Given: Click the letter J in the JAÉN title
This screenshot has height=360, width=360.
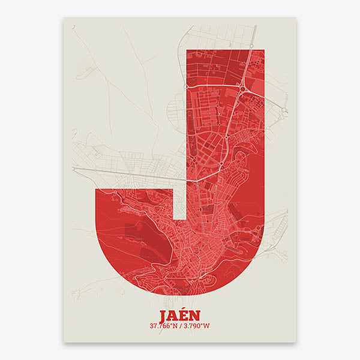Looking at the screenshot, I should (x=164, y=316).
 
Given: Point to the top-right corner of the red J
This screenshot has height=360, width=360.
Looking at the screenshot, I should (x=264, y=49).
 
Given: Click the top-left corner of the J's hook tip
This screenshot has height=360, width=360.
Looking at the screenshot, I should (x=97, y=188).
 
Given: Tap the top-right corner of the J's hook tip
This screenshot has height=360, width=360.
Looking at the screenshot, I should (x=173, y=188).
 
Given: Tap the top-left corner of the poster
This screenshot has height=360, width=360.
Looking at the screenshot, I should (x=64, y=17).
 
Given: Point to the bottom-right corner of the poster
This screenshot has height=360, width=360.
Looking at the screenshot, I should (x=296, y=343).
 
